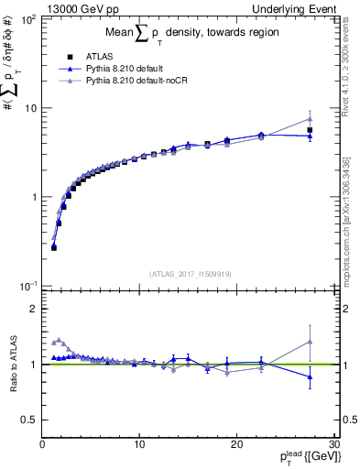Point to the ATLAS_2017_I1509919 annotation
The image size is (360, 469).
190,274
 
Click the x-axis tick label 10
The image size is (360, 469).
138,444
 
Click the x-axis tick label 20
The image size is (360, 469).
236,444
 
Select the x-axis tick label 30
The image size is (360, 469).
333,444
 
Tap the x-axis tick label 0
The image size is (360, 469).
42,444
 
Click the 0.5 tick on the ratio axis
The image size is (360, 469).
29,420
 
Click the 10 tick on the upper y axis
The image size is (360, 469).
29,108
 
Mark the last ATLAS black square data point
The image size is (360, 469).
310,130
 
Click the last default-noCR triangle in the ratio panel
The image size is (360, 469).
310,342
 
